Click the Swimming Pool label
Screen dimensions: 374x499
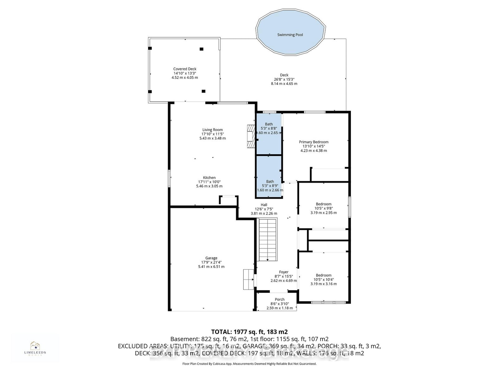pyautogui.click(x=290, y=35)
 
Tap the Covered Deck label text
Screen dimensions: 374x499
pyautogui.click(x=185, y=69)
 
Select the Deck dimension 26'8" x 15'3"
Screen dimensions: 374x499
pyautogui.click(x=284, y=79)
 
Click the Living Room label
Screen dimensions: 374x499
pyautogui.click(x=212, y=130)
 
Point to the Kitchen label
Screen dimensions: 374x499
pyautogui.click(x=209, y=178)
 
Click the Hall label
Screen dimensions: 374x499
pyautogui.click(x=264, y=205)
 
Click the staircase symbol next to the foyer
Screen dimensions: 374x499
pyautogui.click(x=268, y=240)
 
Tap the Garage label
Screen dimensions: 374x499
pyautogui.click(x=211, y=258)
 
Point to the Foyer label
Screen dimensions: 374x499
pyautogui.click(x=283, y=272)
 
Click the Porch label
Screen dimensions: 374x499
pyautogui.click(x=280, y=300)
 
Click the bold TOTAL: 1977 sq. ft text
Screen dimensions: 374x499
pyautogui.click(x=249, y=332)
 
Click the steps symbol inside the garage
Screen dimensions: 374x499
pyautogui.click(x=248, y=280)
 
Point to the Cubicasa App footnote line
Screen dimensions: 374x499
pyautogui.click(x=249, y=364)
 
